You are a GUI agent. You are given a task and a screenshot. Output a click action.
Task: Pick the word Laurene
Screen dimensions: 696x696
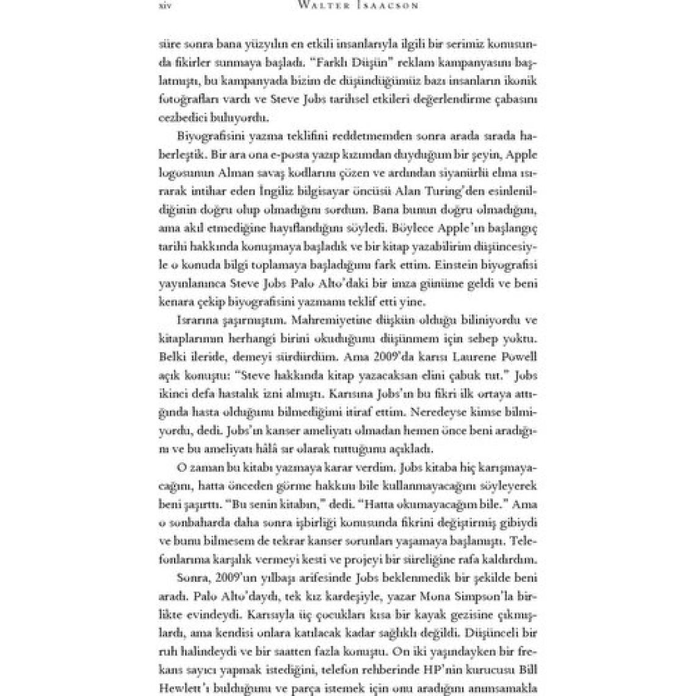pos(467,357)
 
